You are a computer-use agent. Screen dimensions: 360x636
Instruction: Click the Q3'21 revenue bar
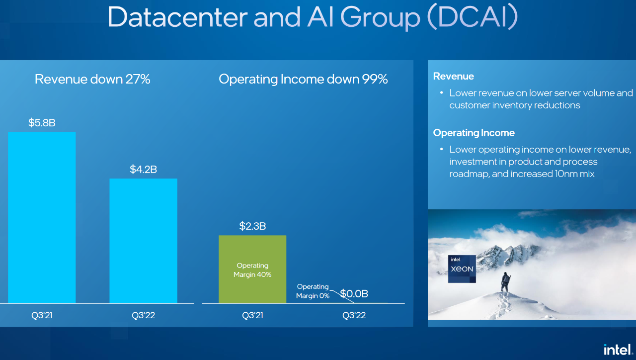pyautogui.click(x=42, y=217)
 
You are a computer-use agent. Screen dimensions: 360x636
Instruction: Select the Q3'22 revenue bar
pyautogui.click(x=143, y=241)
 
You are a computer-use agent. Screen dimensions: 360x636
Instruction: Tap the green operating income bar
pyautogui.click(x=252, y=269)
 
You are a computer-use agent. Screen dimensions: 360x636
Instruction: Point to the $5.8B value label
pyautogui.click(x=42, y=122)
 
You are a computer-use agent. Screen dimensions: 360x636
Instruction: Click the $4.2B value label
pyautogui.click(x=143, y=169)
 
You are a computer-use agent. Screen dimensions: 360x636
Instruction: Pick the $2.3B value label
pyautogui.click(x=252, y=226)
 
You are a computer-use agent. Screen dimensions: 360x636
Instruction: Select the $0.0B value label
pyautogui.click(x=354, y=293)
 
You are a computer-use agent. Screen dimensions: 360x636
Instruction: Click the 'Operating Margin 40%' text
pyautogui.click(x=252, y=270)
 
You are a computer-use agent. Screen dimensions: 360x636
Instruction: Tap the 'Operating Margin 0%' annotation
pyautogui.click(x=313, y=291)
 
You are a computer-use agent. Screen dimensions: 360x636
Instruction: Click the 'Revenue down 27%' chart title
pyautogui.click(x=92, y=79)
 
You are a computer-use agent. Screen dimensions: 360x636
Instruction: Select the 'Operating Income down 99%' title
pyautogui.click(x=303, y=79)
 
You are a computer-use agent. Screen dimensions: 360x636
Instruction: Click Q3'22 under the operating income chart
pyautogui.click(x=354, y=315)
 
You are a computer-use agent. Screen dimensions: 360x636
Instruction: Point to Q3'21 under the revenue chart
pyautogui.click(x=42, y=315)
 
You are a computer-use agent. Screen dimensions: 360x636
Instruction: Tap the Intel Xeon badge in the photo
pyautogui.click(x=462, y=269)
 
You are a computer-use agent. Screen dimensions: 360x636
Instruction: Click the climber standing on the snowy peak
pyautogui.click(x=505, y=281)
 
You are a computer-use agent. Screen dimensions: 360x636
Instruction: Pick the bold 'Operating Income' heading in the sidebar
pyautogui.click(x=474, y=133)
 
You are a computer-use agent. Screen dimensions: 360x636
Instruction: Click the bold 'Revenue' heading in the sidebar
pyautogui.click(x=453, y=76)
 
